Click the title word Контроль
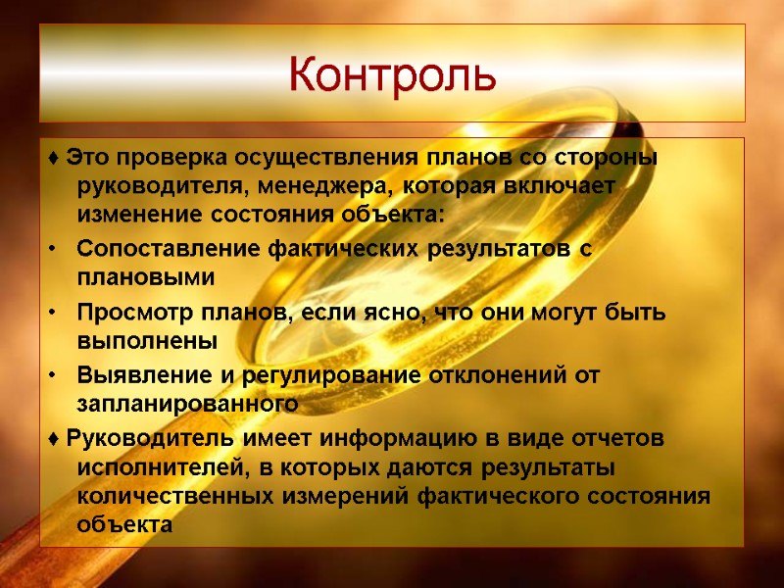392,74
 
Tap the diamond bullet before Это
52,159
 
